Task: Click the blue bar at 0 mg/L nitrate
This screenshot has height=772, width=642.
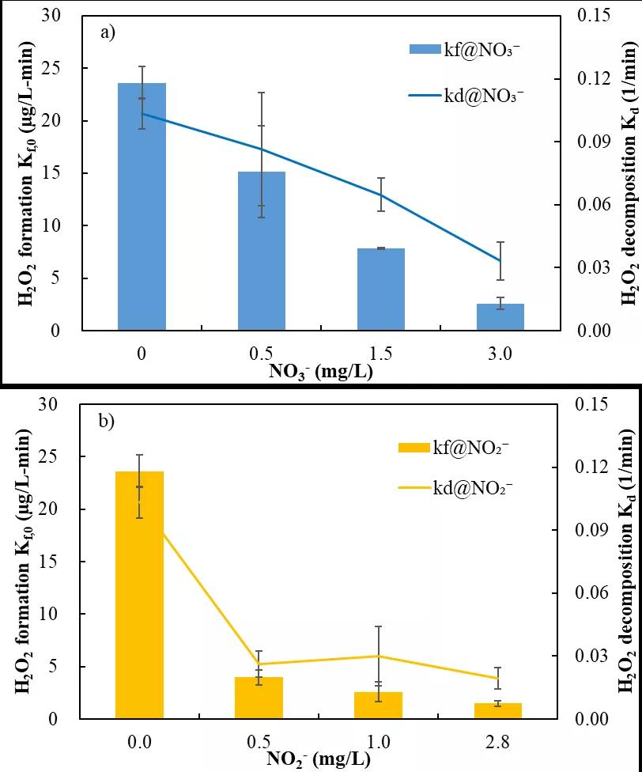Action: tap(142, 206)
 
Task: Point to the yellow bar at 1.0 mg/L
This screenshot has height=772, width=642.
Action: tap(379, 705)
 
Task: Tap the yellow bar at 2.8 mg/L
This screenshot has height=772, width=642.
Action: tap(499, 710)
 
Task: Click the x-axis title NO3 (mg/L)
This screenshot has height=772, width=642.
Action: tap(321, 372)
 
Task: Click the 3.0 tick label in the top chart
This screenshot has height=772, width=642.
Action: tap(500, 353)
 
